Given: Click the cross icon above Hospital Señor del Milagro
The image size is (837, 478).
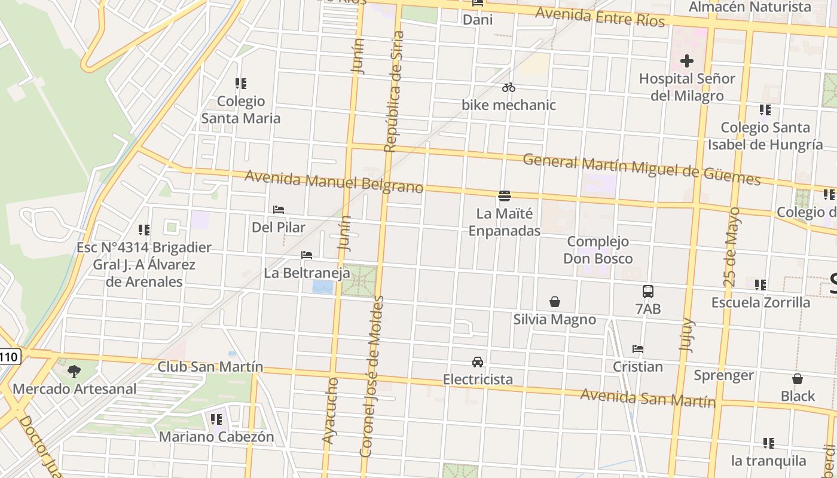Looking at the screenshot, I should coord(686,61).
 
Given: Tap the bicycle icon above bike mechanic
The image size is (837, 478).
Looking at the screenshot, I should coord(509,88).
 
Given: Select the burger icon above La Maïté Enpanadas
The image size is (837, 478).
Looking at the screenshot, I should coord(504,196).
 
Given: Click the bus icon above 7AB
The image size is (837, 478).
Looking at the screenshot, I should coord(648,292).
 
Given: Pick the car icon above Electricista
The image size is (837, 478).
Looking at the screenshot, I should coord(478,361).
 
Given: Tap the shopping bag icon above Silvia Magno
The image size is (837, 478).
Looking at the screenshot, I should coord(555,302).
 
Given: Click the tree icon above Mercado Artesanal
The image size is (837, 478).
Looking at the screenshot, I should coord(74,372).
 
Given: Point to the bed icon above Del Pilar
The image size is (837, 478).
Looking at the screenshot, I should coord(279,210).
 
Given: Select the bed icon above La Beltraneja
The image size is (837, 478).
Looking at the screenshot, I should coord(307,255).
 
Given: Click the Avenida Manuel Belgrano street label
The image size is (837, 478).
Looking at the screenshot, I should coord(334,182).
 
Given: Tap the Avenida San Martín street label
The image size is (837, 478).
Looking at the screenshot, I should coord(647,397).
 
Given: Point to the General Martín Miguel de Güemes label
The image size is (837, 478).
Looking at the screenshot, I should coord(642,169).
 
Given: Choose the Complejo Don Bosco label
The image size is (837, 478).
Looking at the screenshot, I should coord(598,250).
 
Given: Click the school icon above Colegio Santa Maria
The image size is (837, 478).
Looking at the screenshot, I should coord(241,84).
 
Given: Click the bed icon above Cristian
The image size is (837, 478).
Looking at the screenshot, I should coord(638,349).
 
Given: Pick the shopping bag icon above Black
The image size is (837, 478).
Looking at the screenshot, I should coord(798,379).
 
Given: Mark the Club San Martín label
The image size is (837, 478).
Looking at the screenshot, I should coord(210,366).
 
